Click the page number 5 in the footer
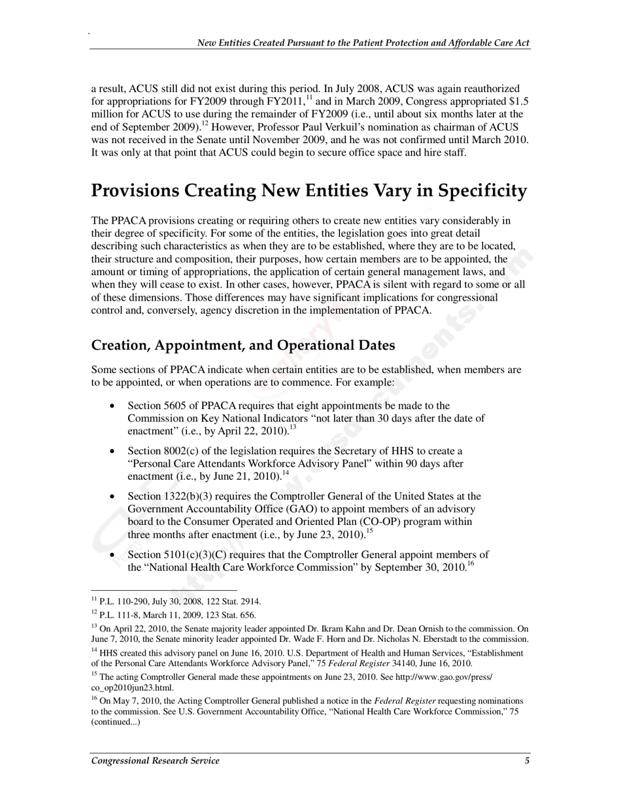click(527, 760)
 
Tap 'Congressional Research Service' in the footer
click(156, 760)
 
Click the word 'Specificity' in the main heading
click(482, 191)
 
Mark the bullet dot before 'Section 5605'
click(112, 406)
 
